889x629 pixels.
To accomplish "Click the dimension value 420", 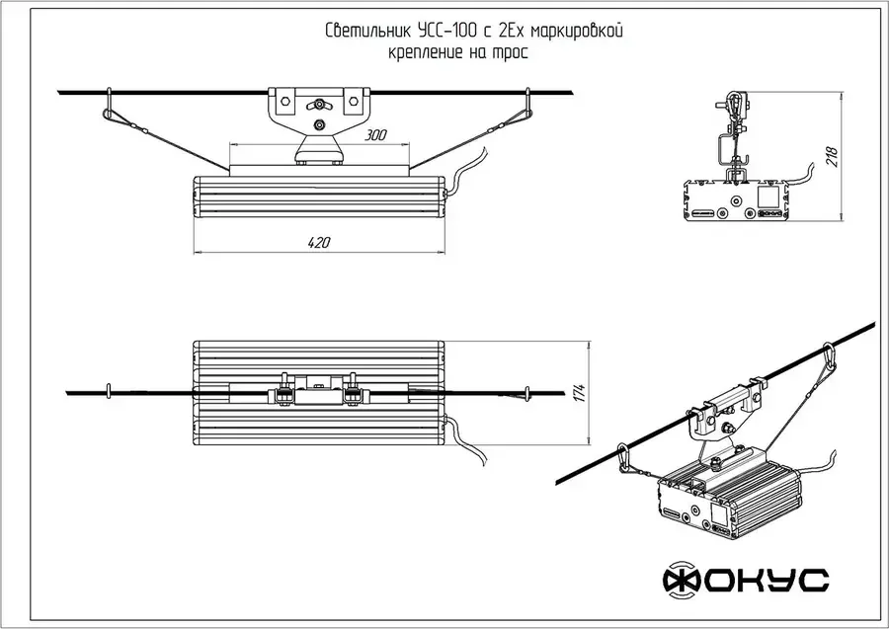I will tap(318, 243).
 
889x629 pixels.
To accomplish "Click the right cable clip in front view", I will tap(528, 104).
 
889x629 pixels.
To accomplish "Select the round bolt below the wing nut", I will tap(319, 125).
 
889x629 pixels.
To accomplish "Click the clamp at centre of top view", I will tap(318, 391).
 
